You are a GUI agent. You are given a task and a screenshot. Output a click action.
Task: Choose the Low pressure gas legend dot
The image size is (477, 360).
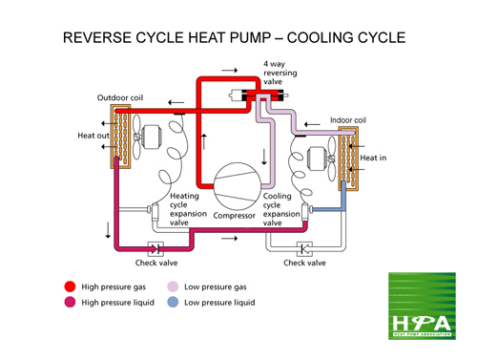click(173, 286)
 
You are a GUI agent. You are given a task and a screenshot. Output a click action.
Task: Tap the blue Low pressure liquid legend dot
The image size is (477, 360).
click(173, 304)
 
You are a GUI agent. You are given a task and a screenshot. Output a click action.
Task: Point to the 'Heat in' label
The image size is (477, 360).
click(373, 158)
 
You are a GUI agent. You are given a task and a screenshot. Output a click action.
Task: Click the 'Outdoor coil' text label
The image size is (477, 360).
click(120, 98)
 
